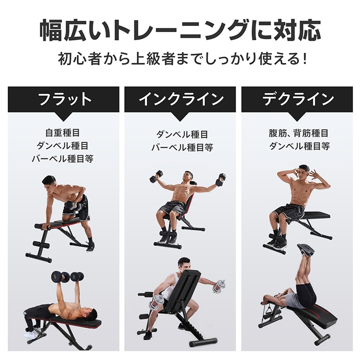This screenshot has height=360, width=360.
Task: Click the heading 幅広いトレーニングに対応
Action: point(180,30)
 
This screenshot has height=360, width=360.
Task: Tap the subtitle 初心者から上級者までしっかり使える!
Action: point(180,60)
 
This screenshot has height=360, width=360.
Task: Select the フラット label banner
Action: point(64,99)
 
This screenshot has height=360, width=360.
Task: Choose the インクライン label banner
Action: point(180,99)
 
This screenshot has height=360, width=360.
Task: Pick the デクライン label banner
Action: point(298,99)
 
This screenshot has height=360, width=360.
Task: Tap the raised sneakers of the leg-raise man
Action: point(305,250)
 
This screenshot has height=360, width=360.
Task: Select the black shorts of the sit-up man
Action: point(289,211)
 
